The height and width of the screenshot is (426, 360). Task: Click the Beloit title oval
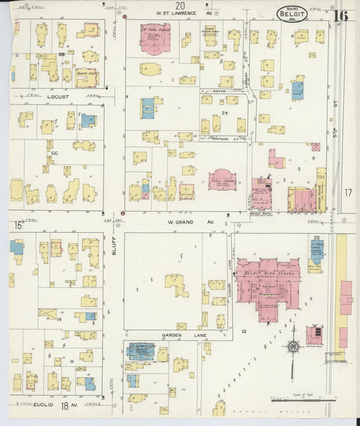point(292,14)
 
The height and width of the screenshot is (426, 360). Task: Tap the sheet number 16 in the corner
point(340,16)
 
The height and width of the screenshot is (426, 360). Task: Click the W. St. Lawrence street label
point(176,13)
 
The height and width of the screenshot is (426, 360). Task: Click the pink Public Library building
point(222,180)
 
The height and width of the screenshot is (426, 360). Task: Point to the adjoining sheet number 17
point(348,193)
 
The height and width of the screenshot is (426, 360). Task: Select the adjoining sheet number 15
point(19,225)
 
